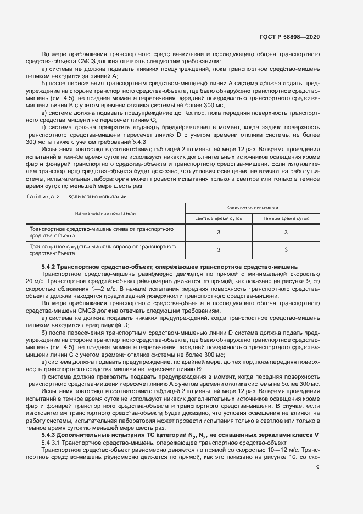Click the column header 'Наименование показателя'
(105, 212)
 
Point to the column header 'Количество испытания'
(252, 208)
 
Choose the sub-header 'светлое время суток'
(218, 218)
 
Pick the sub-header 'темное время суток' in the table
(286, 218)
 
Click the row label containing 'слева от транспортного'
(102, 231)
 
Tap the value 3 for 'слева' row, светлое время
(218, 232)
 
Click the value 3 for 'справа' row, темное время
(286, 251)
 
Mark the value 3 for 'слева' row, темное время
(286, 232)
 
